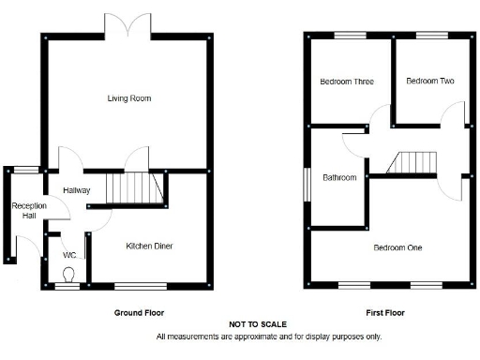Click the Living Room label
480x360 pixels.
pos(129,98)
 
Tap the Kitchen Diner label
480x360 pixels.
pos(150,247)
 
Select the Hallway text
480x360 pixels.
pos(77,190)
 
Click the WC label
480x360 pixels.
pos(69,254)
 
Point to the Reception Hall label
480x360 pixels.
pos(23,211)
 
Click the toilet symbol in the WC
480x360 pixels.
pos(68,274)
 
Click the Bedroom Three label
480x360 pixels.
pos(347,82)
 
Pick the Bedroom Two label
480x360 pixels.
pos(430,82)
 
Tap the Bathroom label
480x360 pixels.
pos(339,177)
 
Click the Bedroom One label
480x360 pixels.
pos(397,248)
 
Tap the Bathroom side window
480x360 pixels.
pos(306,183)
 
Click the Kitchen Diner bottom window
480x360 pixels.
pos(141,286)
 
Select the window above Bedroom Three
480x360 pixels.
pos(351,35)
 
